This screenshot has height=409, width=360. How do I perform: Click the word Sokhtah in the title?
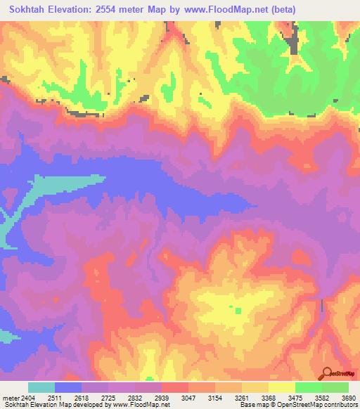[x=31, y=10]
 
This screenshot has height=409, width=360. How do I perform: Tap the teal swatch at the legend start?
[x=41, y=387]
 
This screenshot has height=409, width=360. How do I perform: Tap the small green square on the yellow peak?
[x=238, y=310]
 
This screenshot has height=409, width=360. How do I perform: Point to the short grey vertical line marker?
[x=323, y=305]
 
